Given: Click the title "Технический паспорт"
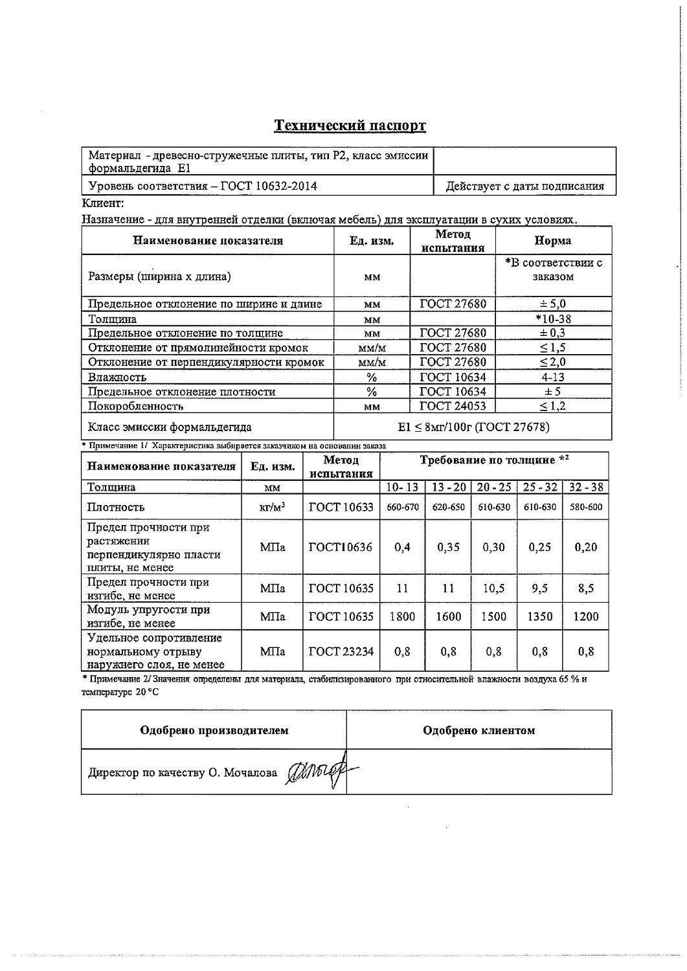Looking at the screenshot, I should pos(350,125).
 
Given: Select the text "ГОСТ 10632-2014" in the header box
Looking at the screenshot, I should pos(269,186).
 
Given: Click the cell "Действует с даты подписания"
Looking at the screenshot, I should pos(525,186).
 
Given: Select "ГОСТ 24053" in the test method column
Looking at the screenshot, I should pos(453,406).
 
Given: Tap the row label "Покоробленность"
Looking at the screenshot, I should pos(135,407).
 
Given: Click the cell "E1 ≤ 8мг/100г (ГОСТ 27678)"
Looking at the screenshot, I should pos(473,427).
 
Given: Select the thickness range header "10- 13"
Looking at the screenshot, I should pos(401,487).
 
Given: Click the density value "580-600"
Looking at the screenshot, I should pos(585,508).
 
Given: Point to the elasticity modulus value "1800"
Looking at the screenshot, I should pos(401,616).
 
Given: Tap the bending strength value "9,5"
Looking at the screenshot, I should pos(539,588).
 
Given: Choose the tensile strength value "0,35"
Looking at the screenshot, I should pos(448,547).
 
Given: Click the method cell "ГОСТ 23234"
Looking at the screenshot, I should pos(341,651).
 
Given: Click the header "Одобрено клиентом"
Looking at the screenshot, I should pos(479,730).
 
